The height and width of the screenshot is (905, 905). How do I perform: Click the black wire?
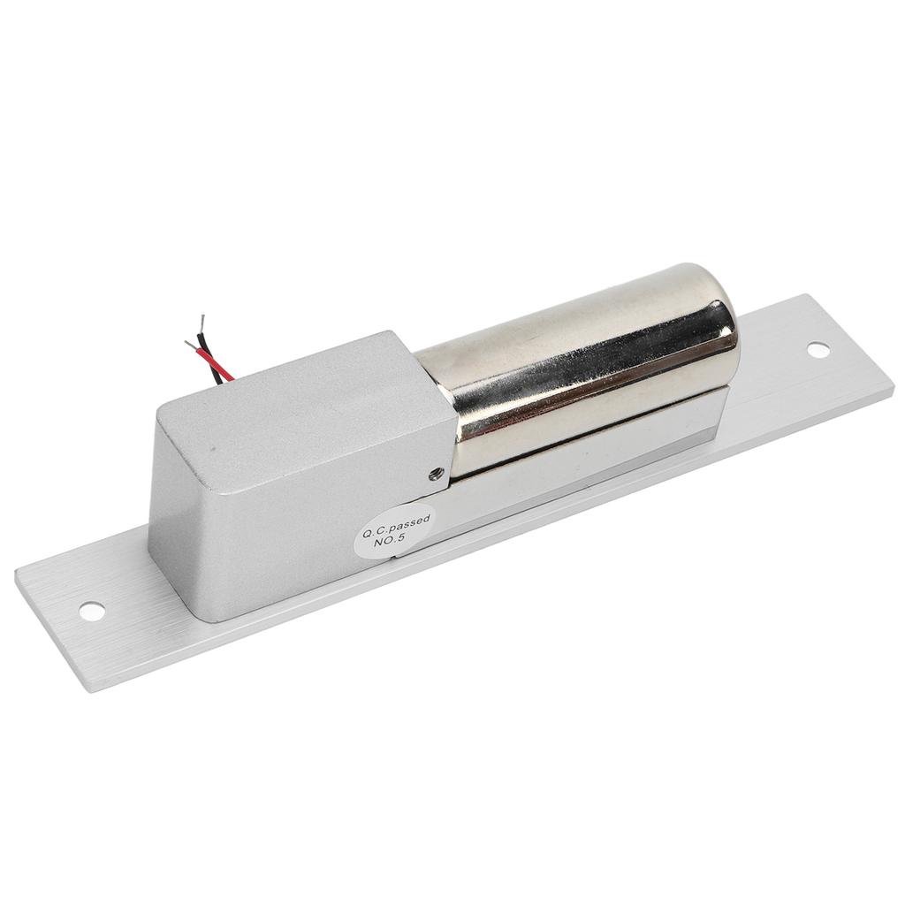(209, 352)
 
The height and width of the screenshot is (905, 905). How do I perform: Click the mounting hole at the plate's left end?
(92, 610)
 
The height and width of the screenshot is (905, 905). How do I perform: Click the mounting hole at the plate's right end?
(818, 350)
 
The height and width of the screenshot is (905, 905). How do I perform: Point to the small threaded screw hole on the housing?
(437, 474)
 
